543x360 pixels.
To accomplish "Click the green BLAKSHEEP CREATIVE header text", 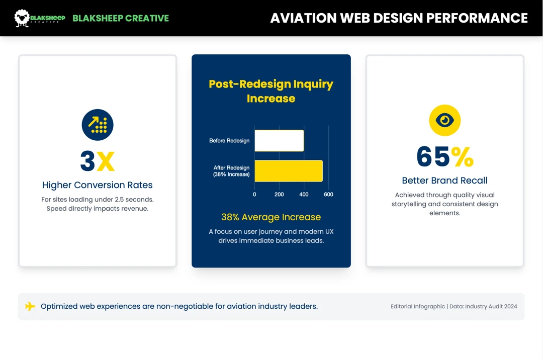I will coord(121,18).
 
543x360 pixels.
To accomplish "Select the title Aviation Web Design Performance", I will coord(399,18).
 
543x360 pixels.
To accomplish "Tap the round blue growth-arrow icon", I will coord(98,125).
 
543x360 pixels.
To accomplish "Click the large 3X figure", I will coord(98,161).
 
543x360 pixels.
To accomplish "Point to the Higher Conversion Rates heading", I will coord(98,185).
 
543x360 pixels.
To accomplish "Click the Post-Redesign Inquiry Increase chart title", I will coord(271,91).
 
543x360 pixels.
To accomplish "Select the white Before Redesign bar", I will coord(279,141).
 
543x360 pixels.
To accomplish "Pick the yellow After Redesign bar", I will coord(288,171).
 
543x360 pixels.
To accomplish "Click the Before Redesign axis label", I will coord(229,141).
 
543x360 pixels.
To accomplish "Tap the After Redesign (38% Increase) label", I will coord(231,171).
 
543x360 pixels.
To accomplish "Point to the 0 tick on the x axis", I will coord(254,195).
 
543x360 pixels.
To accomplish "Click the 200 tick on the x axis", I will coord(279,195).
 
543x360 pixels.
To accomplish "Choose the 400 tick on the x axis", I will coord(304,195).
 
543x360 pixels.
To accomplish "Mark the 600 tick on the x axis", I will coord(328,195).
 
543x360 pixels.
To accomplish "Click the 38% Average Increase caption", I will coord(271,217).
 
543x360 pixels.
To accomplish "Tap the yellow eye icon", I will coord(445,120).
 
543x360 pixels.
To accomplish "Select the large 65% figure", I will coord(445,156).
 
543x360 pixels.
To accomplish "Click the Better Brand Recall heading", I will coord(445,181).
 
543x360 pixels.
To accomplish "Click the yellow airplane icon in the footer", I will coord(30,306).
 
